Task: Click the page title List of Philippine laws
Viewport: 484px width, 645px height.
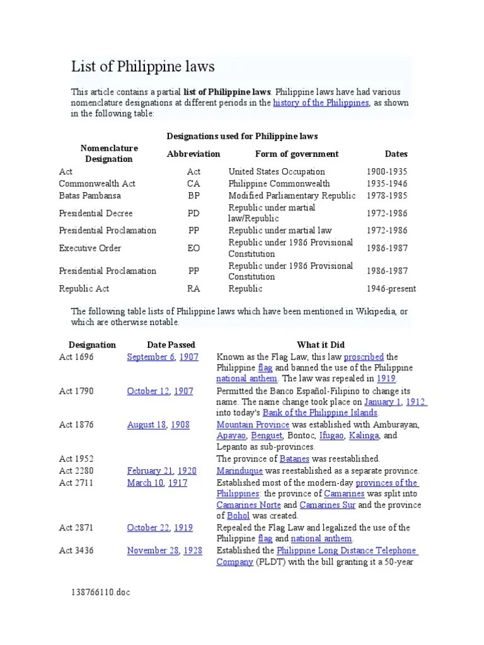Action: point(143,67)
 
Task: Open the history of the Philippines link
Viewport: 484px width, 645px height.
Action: point(321,103)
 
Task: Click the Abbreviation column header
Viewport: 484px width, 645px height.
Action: point(193,154)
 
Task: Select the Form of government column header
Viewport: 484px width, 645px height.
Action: point(296,154)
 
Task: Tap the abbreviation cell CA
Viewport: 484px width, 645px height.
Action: point(193,183)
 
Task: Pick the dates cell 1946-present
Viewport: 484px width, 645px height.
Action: point(391,288)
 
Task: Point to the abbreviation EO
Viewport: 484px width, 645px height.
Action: point(193,248)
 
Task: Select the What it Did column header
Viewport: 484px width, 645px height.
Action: point(321,345)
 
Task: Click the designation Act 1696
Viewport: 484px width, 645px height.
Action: point(76,357)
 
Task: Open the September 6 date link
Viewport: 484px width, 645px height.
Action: point(151,357)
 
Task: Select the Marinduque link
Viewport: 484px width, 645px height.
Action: point(239,471)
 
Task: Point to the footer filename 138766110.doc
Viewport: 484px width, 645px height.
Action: point(101,593)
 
